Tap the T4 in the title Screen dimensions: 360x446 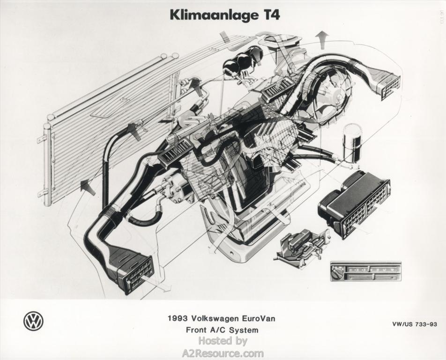[269, 15]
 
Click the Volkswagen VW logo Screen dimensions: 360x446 [33, 321]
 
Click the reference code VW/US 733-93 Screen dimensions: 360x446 [415, 324]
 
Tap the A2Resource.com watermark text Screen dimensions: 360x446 [223, 353]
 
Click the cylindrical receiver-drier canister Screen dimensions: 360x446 [352, 142]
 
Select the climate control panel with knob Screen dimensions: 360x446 [365, 271]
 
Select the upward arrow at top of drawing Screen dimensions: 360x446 [322, 37]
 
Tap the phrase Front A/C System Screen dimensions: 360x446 [222, 330]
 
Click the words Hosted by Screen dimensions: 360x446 [223, 341]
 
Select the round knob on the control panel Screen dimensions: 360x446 [337, 271]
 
